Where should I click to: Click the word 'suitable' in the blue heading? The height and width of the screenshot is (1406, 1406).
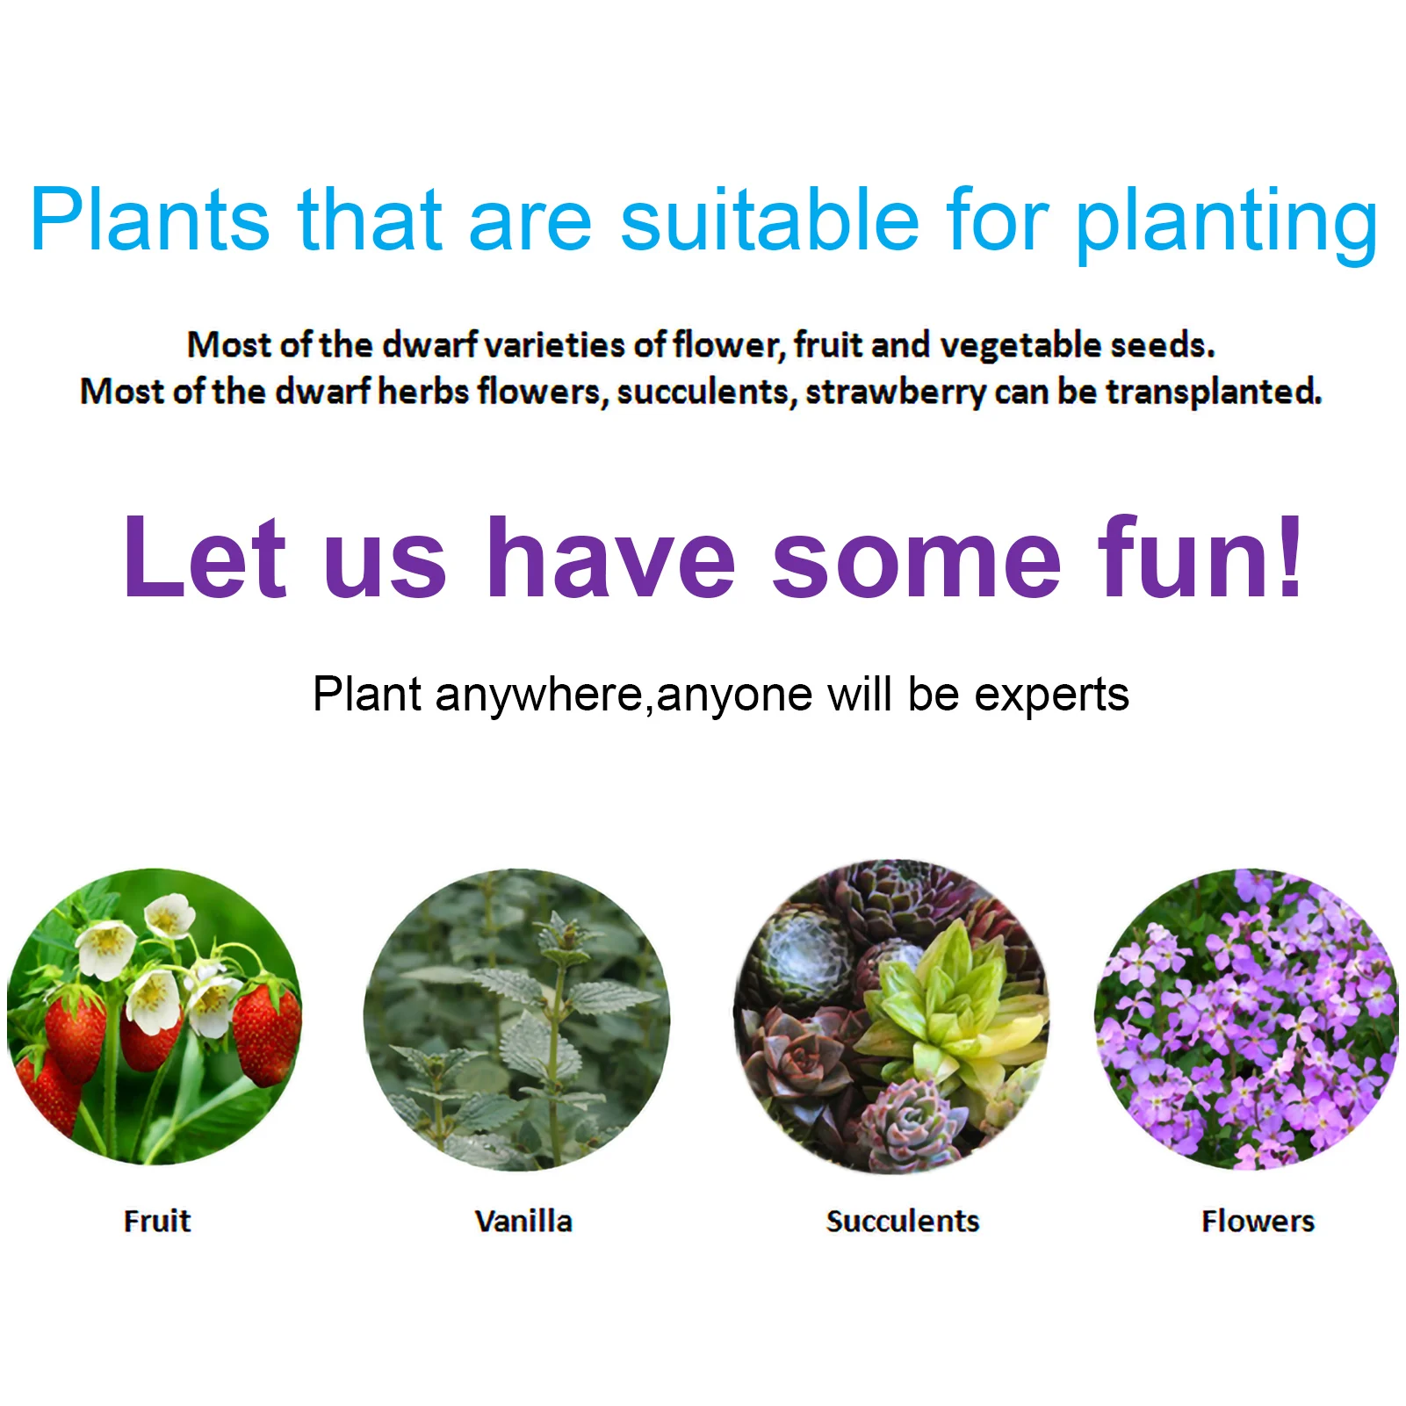770,219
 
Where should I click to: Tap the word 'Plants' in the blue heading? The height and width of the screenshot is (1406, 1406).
150,219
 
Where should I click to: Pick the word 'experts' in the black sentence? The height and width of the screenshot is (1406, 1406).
1051,696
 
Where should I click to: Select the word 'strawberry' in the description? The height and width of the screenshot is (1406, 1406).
896,393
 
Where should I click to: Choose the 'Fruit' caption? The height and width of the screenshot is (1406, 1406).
157,1222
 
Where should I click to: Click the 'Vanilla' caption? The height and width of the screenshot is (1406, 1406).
523,1222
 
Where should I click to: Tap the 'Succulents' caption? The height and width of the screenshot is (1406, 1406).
903,1222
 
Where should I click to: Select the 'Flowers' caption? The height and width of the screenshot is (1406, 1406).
1258,1222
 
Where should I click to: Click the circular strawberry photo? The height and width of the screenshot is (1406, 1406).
155,1017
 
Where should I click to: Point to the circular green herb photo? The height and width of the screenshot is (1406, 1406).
516,1020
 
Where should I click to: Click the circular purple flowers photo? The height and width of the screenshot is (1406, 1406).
1246,1019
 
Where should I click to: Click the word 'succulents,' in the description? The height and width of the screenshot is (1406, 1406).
707,393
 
